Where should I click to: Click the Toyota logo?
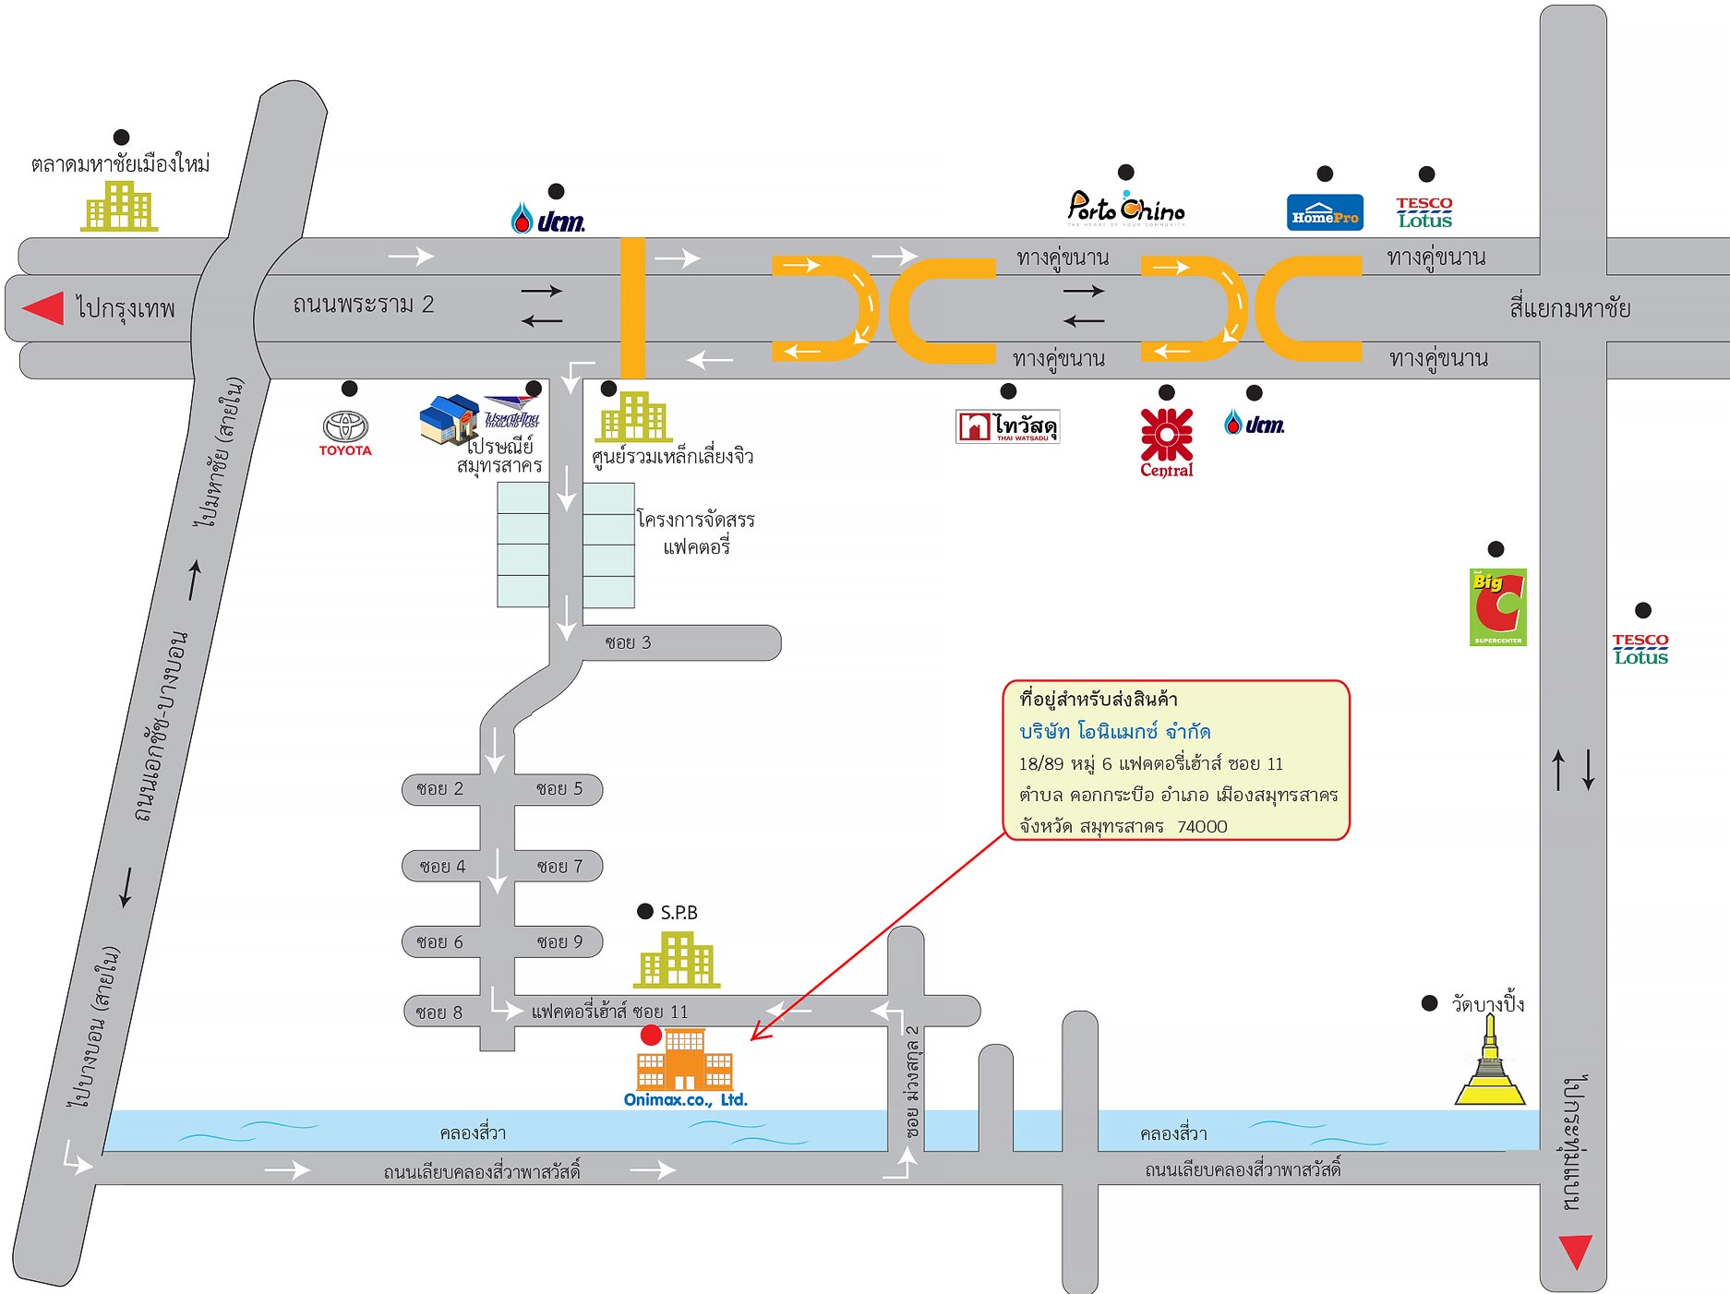[x=345, y=431]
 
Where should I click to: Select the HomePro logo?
[x=1325, y=212]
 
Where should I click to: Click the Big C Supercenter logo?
[x=1497, y=606]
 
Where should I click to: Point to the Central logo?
[x=1167, y=442]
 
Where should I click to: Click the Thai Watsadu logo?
[x=1007, y=426]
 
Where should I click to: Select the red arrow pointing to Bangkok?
[x=43, y=308]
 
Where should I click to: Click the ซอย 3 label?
[x=628, y=642]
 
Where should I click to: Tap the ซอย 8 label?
[x=439, y=1012]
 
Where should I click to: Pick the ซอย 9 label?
[x=559, y=942]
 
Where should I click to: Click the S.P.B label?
[x=679, y=913]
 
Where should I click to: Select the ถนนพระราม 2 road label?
[x=363, y=305]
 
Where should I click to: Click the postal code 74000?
[x=1202, y=827]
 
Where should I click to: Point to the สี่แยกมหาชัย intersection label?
[x=1569, y=308]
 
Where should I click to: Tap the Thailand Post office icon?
[x=451, y=419]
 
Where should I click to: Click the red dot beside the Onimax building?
[x=651, y=1036]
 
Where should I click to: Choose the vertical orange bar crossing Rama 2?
[x=632, y=307]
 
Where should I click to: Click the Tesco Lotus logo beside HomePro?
[x=1424, y=212]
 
